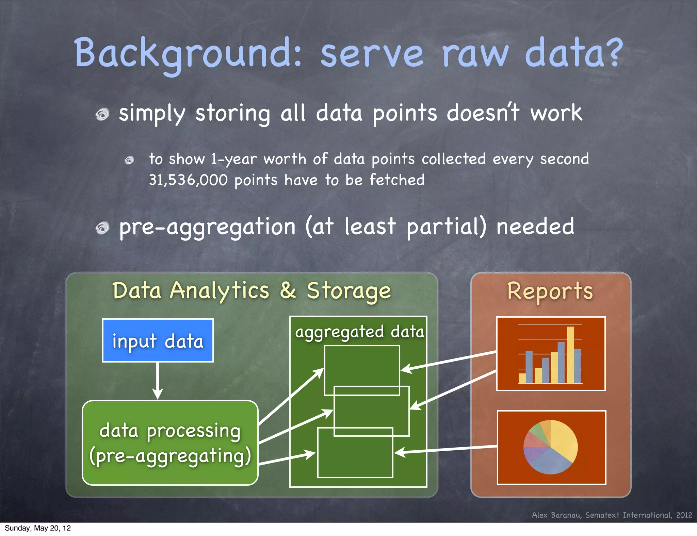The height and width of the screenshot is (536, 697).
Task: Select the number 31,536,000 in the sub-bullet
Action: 188,180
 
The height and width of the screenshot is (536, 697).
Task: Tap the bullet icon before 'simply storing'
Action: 102,114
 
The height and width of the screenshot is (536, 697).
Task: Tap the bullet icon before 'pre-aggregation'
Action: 102,228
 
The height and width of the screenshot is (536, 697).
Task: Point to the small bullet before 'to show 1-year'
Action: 129,160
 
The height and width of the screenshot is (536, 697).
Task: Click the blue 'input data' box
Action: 158,341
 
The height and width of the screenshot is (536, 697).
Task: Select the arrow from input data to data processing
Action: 158,381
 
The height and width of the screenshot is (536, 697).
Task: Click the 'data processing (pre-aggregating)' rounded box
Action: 170,443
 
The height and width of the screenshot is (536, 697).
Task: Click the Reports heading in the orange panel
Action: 550,291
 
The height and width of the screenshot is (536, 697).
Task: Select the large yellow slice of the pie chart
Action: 563,440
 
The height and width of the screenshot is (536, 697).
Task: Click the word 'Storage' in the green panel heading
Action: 348,291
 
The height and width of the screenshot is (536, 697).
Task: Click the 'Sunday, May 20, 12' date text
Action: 37,528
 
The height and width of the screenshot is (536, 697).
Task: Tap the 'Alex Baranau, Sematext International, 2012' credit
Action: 612,515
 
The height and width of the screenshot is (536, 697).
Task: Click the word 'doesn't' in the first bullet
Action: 483,113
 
